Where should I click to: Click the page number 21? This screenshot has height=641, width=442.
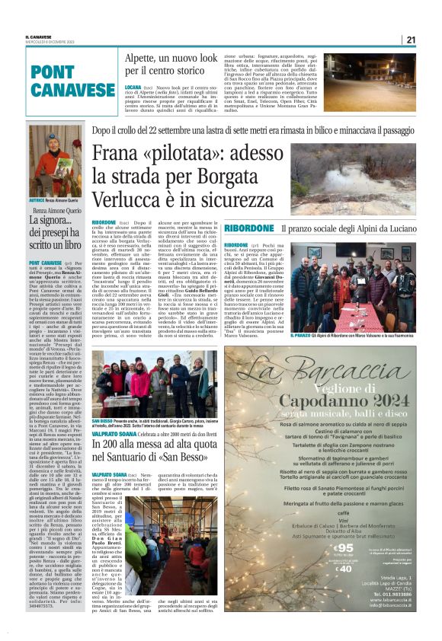point(411,40)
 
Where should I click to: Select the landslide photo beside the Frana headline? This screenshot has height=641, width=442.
point(352,179)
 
